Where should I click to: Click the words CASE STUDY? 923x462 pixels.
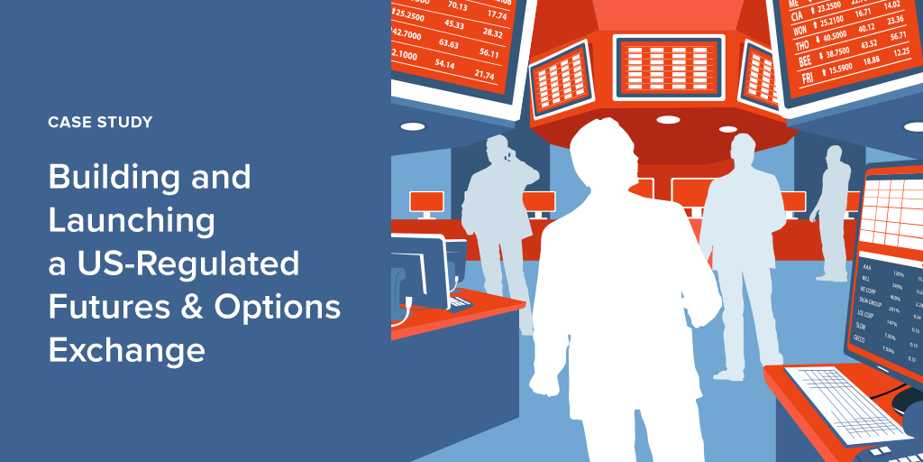(x=100, y=122)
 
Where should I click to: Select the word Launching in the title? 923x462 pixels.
(x=132, y=221)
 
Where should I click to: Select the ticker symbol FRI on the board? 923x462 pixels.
(x=807, y=79)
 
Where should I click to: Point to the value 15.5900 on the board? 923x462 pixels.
(x=839, y=69)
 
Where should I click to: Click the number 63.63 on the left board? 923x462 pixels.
(x=448, y=43)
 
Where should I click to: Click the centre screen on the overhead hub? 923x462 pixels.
(x=668, y=67)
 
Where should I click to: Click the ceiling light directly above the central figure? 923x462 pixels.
(x=668, y=119)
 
